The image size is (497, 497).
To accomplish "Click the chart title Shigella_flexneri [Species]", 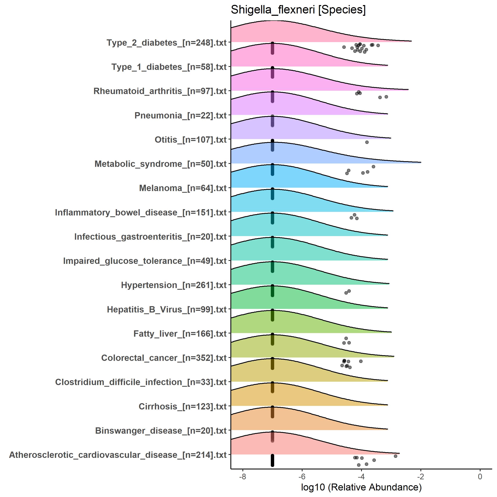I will tap(298, 10).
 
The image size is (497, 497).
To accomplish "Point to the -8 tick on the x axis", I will tap(242, 477).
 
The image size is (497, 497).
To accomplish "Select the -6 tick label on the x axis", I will tap(302, 477).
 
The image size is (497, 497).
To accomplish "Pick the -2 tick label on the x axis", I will tap(420, 477).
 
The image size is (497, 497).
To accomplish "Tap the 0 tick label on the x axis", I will tap(480, 477).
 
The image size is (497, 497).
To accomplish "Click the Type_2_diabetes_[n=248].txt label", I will tap(166, 43).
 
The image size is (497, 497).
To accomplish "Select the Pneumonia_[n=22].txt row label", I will tap(180, 116).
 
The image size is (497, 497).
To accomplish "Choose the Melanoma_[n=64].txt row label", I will tap(183, 188).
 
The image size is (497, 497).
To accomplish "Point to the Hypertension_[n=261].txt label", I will tap(174, 285).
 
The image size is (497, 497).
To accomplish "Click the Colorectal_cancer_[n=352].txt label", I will tap(164, 358).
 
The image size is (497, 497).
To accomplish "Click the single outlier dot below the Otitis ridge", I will tap(367, 142).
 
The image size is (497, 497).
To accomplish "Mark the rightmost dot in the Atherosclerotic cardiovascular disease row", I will tap(396, 456).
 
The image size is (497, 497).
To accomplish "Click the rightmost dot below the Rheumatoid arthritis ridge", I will tap(386, 97).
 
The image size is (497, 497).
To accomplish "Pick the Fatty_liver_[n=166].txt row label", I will tap(180, 334).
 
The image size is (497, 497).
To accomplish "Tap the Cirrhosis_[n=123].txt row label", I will tap(182, 407).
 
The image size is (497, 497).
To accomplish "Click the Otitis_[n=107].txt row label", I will tap(190, 140).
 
